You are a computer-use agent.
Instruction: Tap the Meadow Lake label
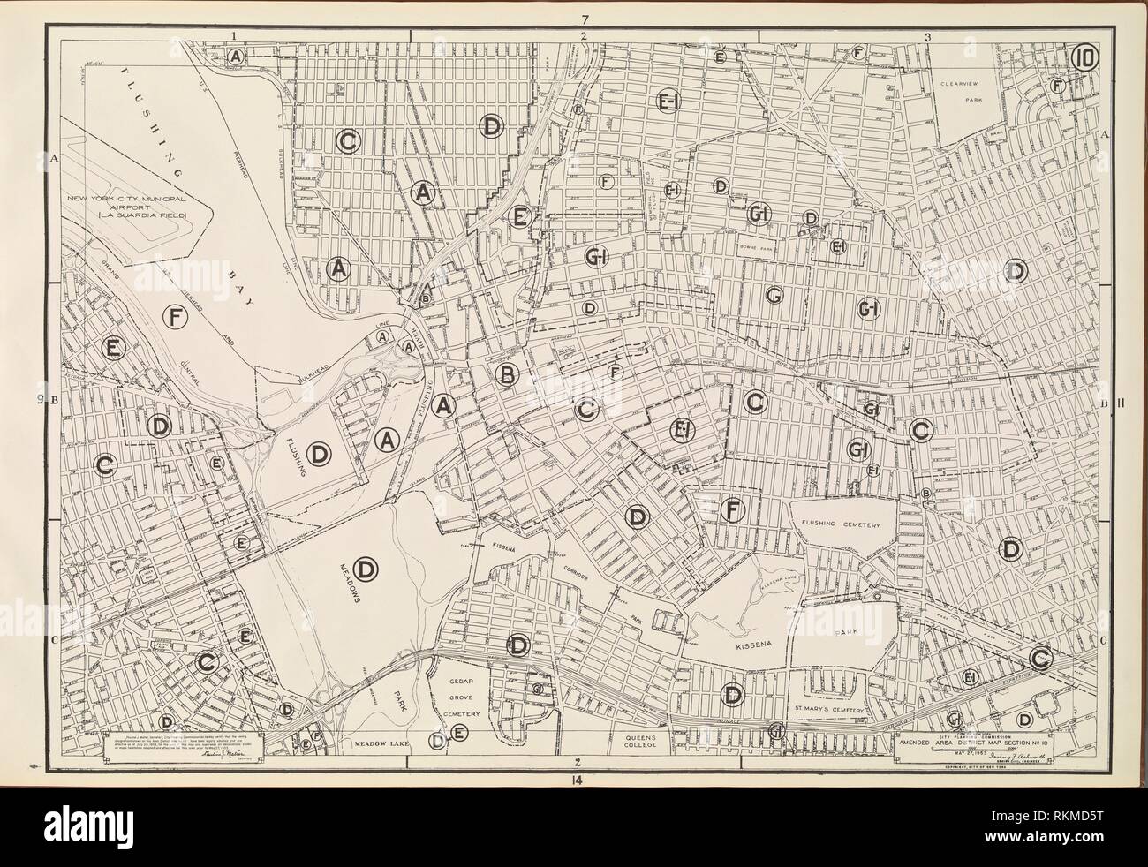click(380, 744)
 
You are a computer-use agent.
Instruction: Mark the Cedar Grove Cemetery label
click(459, 698)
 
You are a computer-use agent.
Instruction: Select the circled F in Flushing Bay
click(177, 316)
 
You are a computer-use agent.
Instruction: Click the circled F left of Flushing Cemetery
click(730, 509)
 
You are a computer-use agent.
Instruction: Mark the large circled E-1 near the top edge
click(668, 103)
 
